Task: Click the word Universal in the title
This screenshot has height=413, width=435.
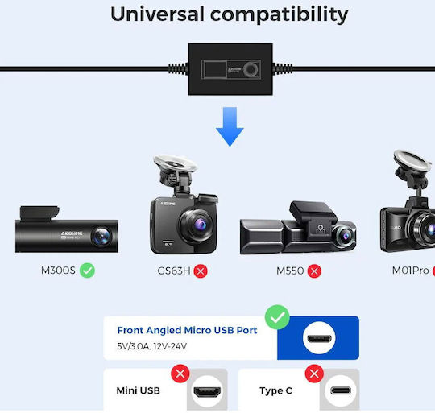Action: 157,14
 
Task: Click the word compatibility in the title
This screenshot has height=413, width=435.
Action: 279,15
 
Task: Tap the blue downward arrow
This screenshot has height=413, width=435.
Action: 230,126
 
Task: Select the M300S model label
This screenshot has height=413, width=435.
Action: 58,271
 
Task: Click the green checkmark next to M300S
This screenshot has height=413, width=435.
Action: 87,271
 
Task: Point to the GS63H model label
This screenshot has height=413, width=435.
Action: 174,271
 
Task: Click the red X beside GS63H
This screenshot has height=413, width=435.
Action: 201,271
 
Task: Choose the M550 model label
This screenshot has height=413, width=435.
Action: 290,271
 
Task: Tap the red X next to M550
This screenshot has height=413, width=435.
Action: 314,271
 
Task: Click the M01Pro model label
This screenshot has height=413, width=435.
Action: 410,271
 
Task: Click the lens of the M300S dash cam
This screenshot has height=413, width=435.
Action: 101,236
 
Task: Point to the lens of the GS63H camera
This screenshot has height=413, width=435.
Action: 197,224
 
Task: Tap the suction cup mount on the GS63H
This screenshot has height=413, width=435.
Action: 175,163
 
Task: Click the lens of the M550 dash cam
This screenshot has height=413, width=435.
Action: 345,236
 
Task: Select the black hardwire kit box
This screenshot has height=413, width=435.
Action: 230,69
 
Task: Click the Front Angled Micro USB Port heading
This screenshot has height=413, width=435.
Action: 187,330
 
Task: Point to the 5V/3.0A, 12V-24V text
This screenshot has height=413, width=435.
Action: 151,346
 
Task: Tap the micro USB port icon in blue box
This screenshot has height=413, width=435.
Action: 319,338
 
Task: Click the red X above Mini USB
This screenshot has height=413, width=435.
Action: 180,374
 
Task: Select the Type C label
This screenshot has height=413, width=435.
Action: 275,390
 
